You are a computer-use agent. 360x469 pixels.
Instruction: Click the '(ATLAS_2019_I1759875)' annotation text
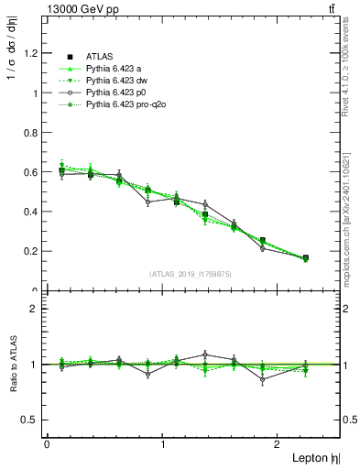pos(191,273)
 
